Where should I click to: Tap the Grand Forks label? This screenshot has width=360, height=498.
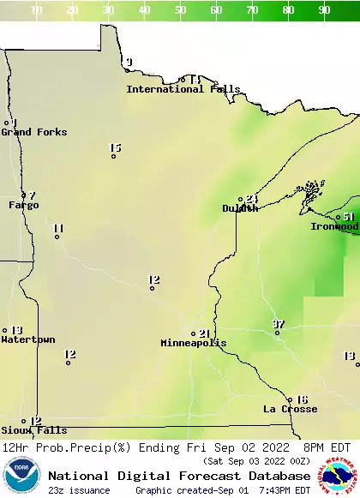(33, 132)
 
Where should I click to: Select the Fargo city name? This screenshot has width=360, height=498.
(24, 206)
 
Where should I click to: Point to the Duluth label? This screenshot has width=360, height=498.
(240, 208)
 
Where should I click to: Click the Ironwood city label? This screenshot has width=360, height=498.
(334, 226)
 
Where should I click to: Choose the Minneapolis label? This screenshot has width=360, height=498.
(194, 343)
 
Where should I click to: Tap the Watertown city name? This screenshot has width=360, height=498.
(27, 340)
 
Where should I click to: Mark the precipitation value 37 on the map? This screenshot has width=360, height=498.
(278, 324)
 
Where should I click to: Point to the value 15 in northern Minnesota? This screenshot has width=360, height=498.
(116, 148)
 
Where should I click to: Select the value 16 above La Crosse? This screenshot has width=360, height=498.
(302, 399)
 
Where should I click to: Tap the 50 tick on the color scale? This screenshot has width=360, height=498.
(181, 10)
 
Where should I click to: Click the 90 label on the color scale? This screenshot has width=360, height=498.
(325, 10)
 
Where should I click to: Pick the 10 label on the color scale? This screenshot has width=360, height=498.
(37, 10)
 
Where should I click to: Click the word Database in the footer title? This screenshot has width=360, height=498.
(275, 476)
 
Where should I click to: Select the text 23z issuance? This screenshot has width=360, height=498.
(79, 490)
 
